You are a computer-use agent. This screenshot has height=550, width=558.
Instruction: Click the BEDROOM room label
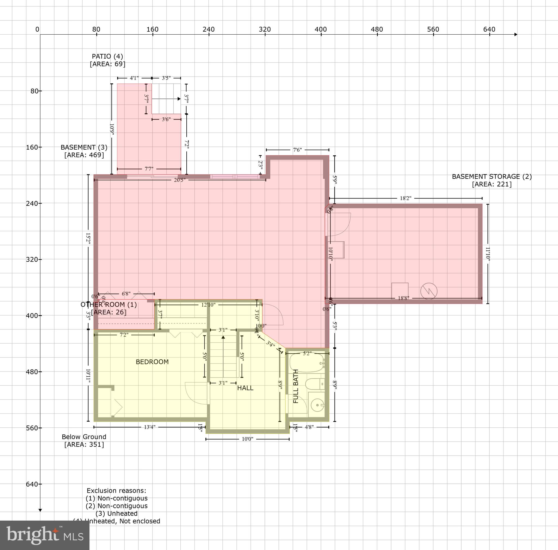152,362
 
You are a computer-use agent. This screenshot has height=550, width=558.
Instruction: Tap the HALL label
245,388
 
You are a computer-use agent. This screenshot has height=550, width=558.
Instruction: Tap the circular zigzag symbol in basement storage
429,291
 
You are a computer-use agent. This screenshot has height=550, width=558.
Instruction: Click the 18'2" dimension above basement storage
405,198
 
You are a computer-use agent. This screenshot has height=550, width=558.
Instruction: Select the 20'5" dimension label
179,180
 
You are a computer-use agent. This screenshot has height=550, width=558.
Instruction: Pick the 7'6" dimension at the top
297,150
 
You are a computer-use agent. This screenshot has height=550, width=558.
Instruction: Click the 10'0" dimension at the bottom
247,439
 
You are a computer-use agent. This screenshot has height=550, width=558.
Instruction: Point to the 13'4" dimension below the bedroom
150,427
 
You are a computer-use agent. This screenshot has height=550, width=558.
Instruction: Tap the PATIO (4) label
107,56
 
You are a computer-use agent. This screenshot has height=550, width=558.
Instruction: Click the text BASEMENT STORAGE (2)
492,177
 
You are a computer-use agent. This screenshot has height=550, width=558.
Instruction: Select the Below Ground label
84,437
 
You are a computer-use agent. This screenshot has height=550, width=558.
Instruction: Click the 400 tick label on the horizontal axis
321,29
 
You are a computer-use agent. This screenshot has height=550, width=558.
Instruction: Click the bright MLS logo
45,535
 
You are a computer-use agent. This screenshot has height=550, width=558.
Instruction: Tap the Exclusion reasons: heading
116,491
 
